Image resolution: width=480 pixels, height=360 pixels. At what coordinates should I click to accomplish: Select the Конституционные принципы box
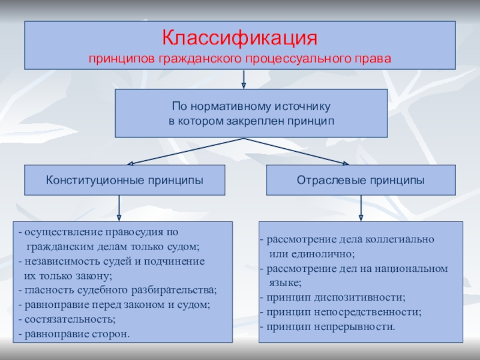(x=124, y=180)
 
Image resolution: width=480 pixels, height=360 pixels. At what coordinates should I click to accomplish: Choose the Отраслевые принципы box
(x=361, y=180)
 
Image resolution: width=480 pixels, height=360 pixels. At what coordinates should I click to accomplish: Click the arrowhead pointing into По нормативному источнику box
(x=244, y=85)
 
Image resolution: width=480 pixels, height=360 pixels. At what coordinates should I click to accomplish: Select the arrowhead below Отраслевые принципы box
(x=361, y=217)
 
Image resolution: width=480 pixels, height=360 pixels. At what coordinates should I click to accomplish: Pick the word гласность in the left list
(x=45, y=290)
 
